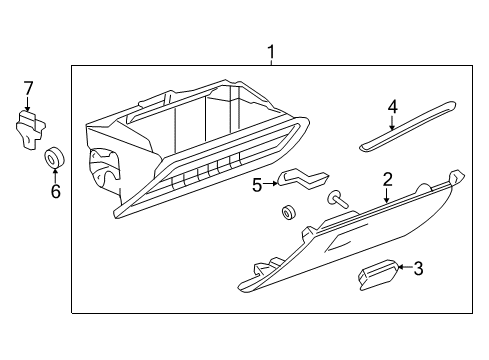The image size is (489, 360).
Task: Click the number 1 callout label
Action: (269, 51)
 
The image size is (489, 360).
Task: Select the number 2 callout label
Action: (386, 180)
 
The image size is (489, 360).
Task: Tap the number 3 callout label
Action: (418, 267)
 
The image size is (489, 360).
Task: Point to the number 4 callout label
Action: (393, 106)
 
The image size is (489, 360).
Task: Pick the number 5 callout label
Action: (257, 184)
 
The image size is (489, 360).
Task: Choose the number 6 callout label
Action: (56, 190)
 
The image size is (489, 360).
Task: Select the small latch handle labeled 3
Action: (377, 273)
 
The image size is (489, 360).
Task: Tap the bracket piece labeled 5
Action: (300, 179)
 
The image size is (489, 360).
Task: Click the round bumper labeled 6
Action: (56, 157)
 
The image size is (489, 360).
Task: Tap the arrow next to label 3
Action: (403, 267)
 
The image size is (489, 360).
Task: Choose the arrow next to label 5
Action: (272, 184)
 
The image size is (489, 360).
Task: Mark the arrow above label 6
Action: (56, 174)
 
